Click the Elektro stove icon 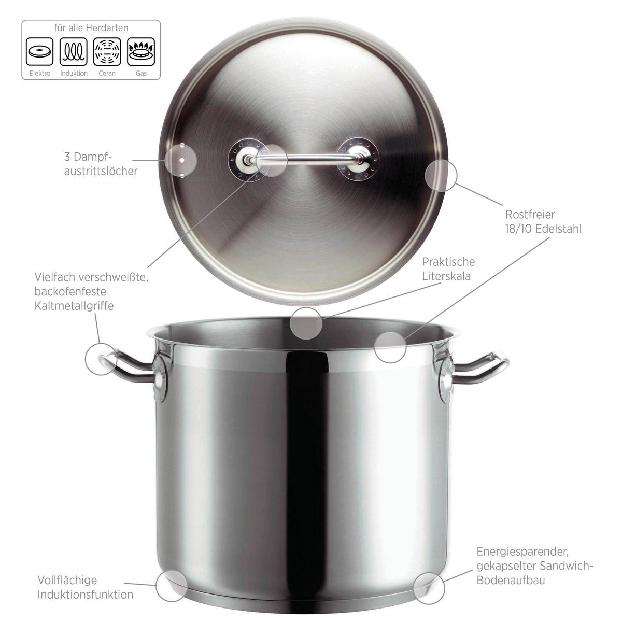click(39, 52)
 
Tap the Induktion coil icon click(74, 52)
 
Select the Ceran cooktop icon click(107, 52)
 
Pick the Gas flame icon click(141, 52)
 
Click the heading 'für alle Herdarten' click(91, 28)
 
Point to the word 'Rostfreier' click(530, 214)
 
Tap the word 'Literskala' click(446, 276)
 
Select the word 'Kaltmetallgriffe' click(74, 306)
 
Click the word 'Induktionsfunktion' click(86, 594)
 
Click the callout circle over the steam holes click(181, 160)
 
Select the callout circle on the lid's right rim click(441, 175)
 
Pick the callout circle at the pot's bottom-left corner click(172, 586)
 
